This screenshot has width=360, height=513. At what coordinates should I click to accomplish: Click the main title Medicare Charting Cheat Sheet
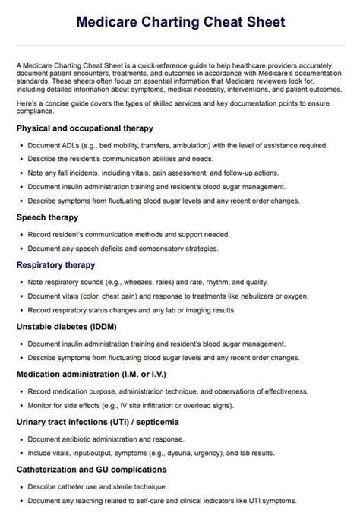pyautogui.click(x=180, y=22)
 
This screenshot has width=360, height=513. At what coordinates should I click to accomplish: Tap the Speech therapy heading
pyautogui.click(x=47, y=217)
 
